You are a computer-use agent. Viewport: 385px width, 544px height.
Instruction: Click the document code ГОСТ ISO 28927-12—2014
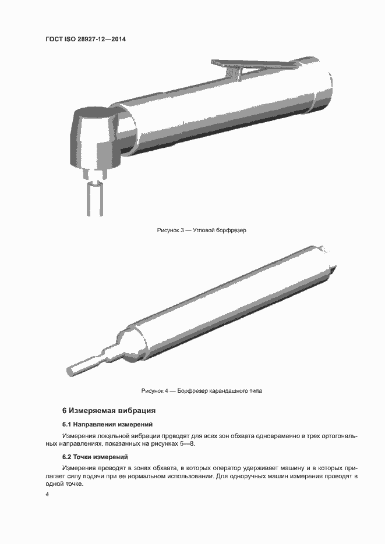pyautogui.click(x=86, y=39)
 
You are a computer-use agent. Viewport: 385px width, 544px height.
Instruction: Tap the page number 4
pyautogui.click(x=47, y=494)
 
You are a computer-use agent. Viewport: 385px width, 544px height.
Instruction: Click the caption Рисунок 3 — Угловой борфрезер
pyautogui.click(x=202, y=230)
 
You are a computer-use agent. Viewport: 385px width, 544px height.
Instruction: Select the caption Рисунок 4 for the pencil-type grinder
pyautogui.click(x=202, y=390)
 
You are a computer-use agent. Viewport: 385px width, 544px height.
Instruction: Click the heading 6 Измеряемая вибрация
pyautogui.click(x=109, y=410)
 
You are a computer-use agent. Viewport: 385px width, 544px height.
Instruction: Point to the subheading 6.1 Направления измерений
pyautogui.click(x=107, y=424)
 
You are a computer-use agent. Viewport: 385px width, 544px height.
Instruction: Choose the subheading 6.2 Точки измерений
pyautogui.click(x=95, y=457)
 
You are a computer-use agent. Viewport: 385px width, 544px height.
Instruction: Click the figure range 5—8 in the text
pyautogui.click(x=187, y=443)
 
